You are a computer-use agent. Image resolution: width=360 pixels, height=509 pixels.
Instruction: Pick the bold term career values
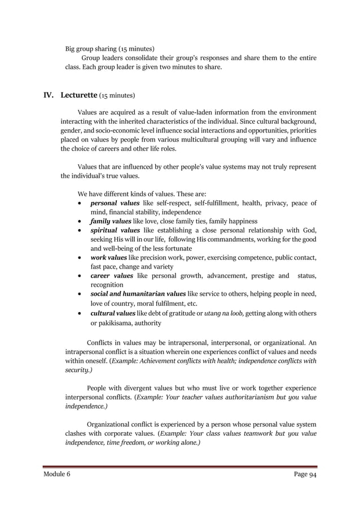coord(112,275)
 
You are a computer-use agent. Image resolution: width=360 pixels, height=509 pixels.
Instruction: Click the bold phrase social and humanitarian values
coord(138,294)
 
